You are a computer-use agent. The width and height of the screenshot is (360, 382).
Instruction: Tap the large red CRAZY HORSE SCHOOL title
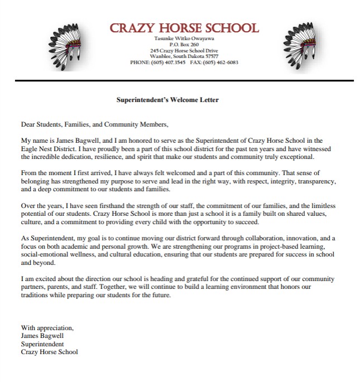pyautogui.click(x=184, y=28)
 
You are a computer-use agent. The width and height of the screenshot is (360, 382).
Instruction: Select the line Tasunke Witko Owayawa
pyautogui.click(x=184, y=39)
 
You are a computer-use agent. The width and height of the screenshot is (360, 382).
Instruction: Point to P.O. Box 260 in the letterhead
pyautogui.click(x=184, y=45)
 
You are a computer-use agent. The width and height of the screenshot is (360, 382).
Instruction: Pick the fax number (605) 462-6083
pyautogui.click(x=223, y=62)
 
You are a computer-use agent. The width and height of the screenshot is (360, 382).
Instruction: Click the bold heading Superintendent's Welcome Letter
pyautogui.click(x=167, y=100)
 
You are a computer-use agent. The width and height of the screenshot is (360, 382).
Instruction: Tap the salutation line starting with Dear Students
pyautogui.click(x=94, y=124)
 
